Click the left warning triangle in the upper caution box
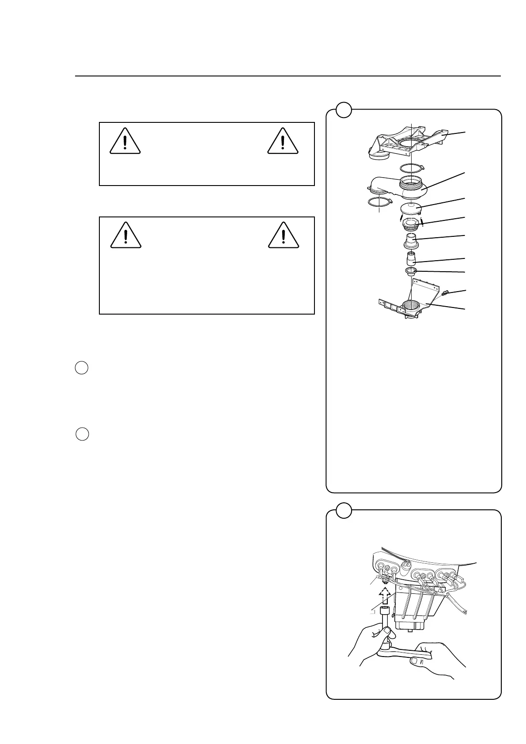click(125, 141)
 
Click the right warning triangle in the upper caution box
click(283, 141)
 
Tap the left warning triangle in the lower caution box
click(126, 235)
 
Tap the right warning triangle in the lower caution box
click(284, 235)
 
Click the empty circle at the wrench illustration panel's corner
click(344, 510)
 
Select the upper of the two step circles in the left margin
click(82, 368)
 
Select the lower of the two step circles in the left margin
click(82, 434)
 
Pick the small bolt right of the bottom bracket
click(446, 292)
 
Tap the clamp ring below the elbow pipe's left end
click(379, 202)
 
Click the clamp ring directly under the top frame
click(411, 168)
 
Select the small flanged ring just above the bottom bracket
click(411, 271)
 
